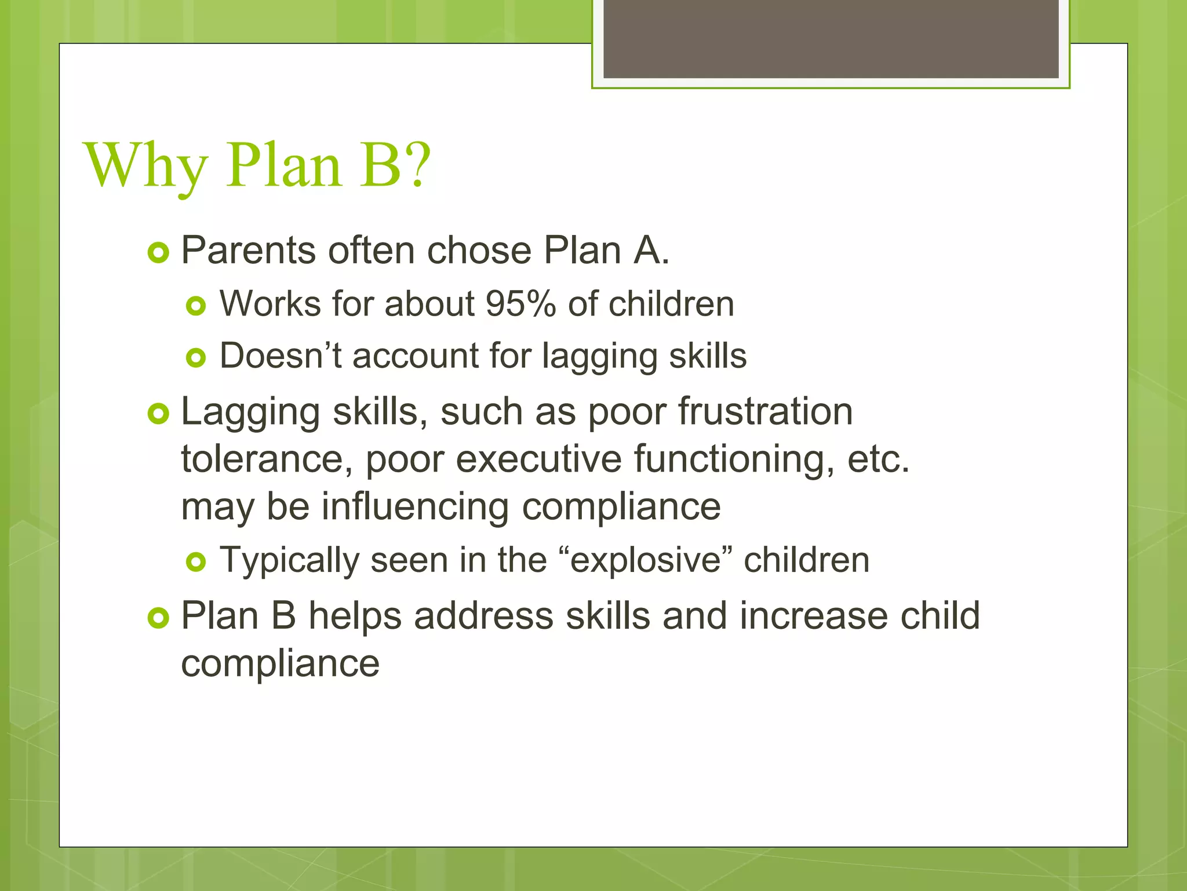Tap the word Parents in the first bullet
[249, 251]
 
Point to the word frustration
[765, 411]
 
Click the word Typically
[289, 560]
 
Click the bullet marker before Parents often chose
[158, 253]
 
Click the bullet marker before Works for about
[196, 306]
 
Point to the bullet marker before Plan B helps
[158, 618]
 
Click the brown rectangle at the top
[831, 38]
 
